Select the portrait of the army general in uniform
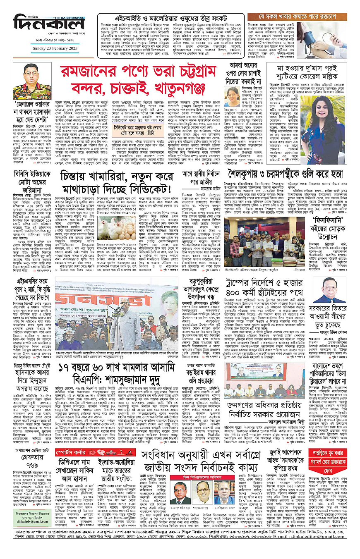tap(26, 81)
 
